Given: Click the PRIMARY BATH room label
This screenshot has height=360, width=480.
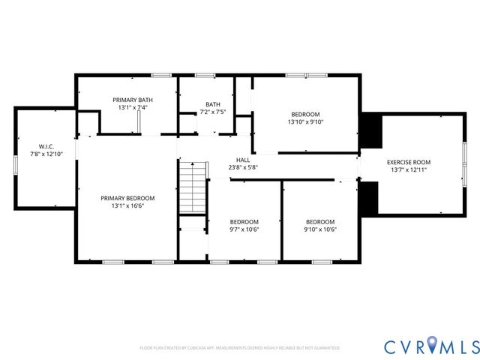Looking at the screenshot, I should point(132,100).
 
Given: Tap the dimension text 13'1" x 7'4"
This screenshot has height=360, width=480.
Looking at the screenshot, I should point(132,107).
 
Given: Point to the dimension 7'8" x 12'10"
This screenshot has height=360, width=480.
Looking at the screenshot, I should point(46,154).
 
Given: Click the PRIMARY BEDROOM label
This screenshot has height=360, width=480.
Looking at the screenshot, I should point(127,198).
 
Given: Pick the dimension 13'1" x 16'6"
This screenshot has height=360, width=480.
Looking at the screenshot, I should point(127,205).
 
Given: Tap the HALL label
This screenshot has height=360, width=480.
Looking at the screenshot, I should point(243,160).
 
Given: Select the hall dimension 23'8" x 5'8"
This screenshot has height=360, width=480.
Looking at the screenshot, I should point(243,167).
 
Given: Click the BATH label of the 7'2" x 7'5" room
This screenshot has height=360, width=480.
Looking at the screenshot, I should point(213,104).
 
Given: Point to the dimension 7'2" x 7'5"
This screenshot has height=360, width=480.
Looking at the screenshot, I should point(213,112).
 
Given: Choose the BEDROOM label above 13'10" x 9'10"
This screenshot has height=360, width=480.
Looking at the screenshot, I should point(304,114).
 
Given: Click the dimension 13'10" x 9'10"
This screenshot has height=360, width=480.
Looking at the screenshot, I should point(304,121).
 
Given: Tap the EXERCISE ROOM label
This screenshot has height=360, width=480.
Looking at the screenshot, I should point(409,163).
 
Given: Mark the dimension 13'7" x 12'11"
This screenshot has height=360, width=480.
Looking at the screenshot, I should point(409,170).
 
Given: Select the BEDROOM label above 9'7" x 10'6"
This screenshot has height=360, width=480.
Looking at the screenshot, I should point(244,221).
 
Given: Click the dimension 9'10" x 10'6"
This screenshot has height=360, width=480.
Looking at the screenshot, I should point(319,229).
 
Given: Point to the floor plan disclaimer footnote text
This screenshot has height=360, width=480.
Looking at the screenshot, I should point(240,348).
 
